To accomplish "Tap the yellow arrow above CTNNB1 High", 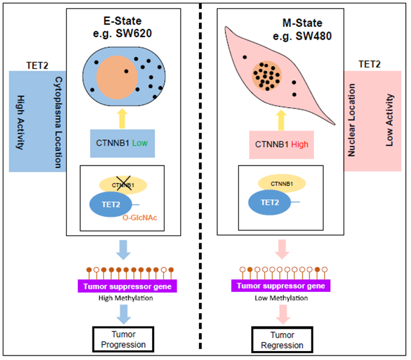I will point(281,117).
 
